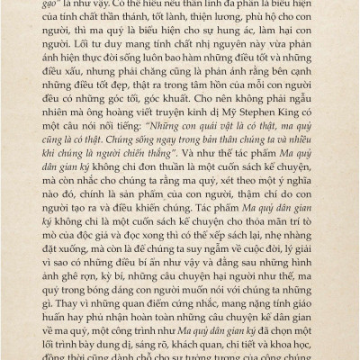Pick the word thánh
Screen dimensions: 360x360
[x=158, y=27]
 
